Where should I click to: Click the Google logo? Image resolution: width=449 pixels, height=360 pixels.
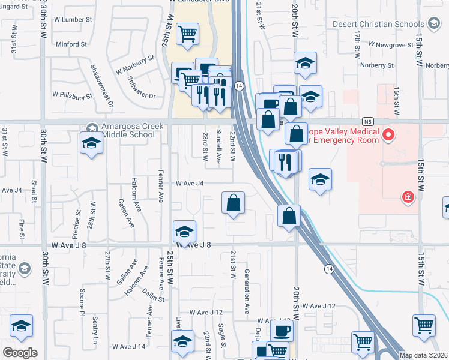point(20,353)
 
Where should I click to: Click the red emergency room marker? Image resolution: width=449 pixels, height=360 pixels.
point(388,134)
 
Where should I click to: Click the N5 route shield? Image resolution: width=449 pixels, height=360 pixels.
point(367,121)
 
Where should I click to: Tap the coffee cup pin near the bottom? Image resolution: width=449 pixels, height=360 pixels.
point(281,329)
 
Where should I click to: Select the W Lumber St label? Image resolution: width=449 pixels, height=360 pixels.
point(70,20)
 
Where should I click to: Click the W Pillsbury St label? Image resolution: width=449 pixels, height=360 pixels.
point(72,95)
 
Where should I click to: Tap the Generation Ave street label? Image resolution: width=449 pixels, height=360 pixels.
point(247,292)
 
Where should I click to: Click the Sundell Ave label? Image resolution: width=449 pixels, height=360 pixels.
point(219,146)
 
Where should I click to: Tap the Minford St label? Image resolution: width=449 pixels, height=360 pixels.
point(71,44)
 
